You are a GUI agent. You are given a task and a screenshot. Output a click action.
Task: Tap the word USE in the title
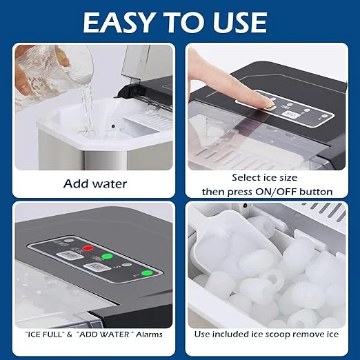point(240,23)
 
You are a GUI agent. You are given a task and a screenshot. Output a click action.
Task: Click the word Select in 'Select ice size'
point(245,177)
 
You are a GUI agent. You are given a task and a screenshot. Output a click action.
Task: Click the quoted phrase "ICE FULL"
point(44,334)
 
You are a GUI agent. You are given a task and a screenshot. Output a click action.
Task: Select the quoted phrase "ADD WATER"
point(105,334)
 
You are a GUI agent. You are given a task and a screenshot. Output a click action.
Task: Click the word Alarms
point(149,334)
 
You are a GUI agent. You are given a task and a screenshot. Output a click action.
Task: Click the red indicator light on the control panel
point(88,248)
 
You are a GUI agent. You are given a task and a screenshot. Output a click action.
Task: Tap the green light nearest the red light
point(107,256)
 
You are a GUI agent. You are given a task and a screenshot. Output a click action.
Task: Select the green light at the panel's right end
point(147,273)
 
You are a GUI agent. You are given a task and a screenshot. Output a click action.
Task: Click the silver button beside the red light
point(70,255)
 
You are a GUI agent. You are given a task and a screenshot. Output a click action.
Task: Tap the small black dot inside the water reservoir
point(113,126)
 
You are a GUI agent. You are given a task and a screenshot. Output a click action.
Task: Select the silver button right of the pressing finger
point(292,115)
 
